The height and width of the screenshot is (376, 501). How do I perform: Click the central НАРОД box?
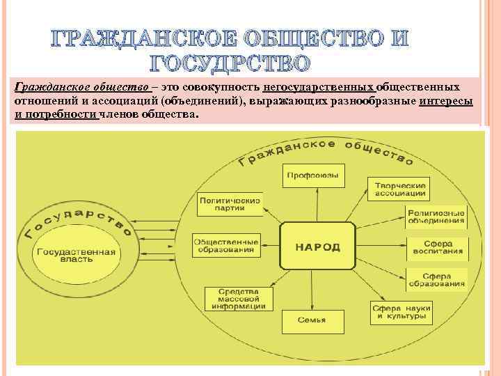pos(317,247)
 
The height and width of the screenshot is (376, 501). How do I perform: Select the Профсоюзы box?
pos(313,175)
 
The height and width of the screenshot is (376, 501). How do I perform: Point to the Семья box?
pos(313,320)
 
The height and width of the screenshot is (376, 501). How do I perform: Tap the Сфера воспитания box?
pos(437,248)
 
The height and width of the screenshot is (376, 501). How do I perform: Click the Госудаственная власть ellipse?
pos(77,254)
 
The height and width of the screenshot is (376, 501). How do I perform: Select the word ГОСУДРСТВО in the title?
pos(229,65)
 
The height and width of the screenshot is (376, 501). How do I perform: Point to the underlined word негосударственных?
pos(319,88)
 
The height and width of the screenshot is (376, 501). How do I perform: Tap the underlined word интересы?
pos(446,101)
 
